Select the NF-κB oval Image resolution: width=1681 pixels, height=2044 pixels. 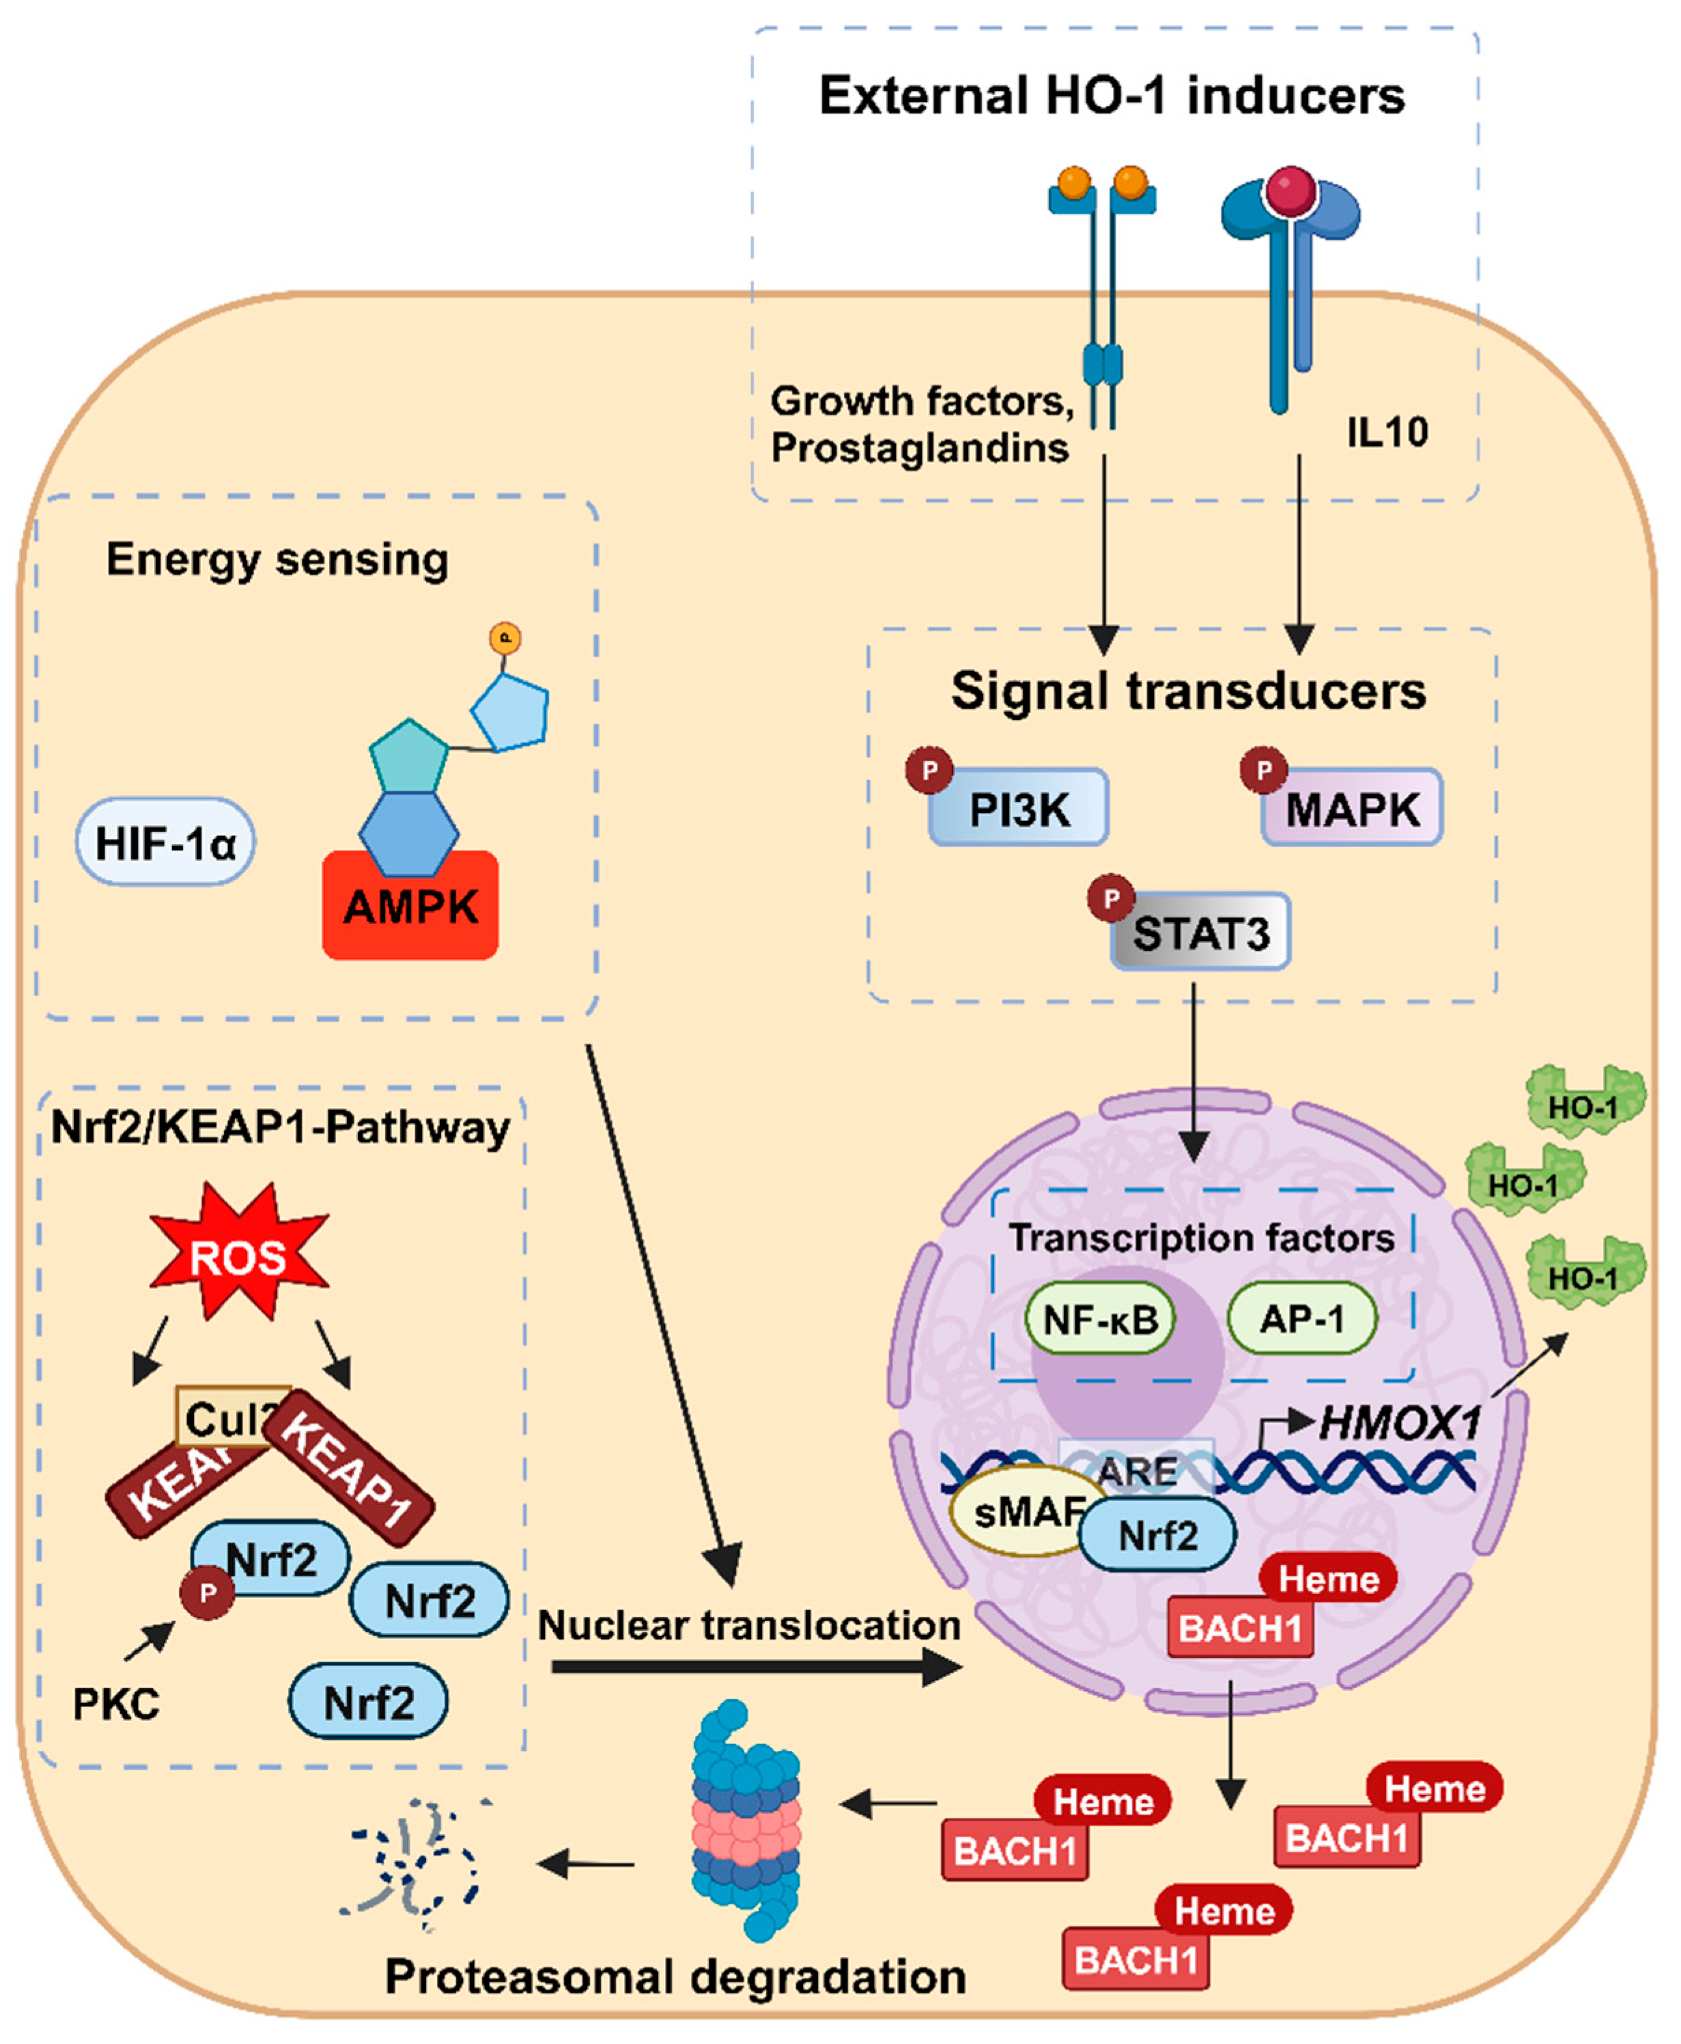(1100, 1319)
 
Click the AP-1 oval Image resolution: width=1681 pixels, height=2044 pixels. (1301, 1318)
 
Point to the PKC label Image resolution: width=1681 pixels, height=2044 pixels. (116, 1705)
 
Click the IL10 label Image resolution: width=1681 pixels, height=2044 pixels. (1387, 432)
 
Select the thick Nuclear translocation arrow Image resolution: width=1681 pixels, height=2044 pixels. (755, 1667)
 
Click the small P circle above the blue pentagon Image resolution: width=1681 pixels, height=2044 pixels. (505, 638)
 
